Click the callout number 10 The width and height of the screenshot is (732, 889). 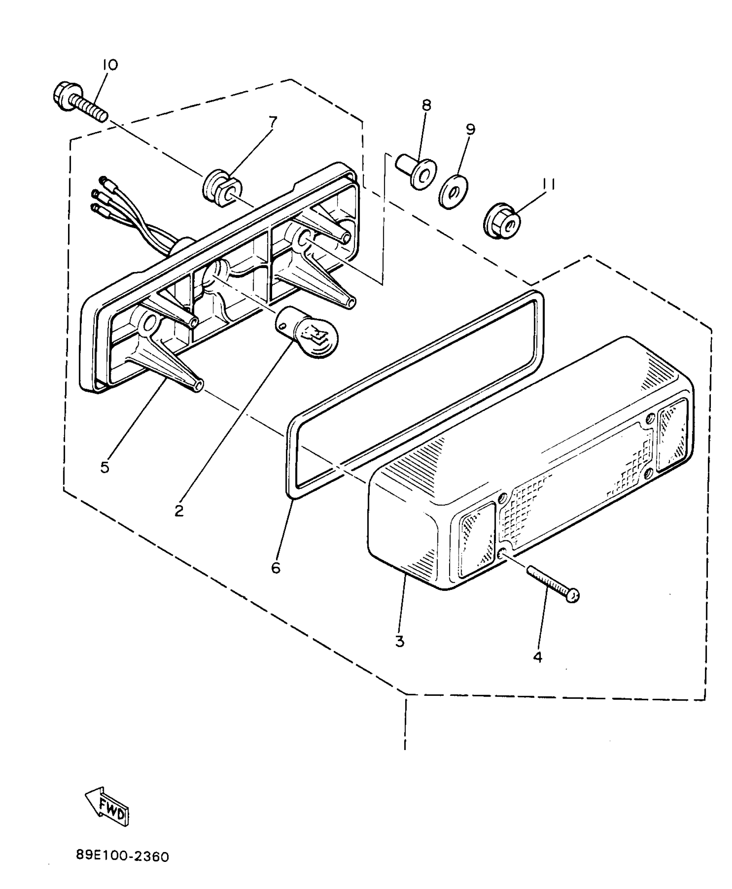point(110,65)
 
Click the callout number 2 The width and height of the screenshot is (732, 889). point(179,510)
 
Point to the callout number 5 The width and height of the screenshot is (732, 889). point(105,467)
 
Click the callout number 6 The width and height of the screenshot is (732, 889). point(276,568)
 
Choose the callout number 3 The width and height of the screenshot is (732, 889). point(400,653)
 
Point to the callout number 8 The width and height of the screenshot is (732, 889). point(426,105)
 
